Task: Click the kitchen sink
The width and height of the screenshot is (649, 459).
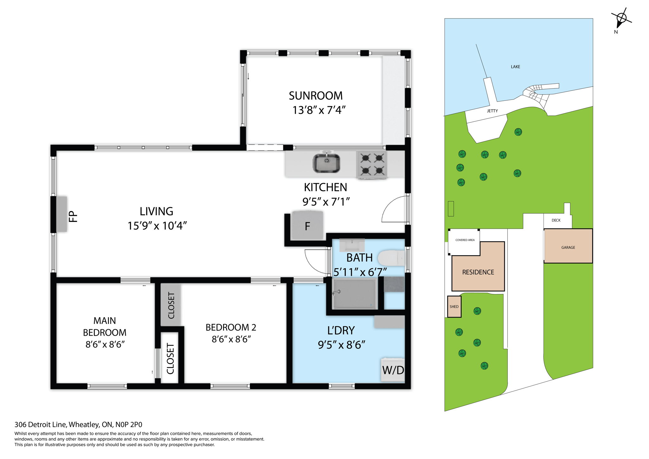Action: click(x=326, y=163)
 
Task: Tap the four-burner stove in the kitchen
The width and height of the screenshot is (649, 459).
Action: click(x=372, y=164)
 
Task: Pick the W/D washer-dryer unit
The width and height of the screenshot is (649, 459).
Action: click(x=393, y=370)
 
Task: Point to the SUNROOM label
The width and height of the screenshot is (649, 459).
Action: click(x=316, y=95)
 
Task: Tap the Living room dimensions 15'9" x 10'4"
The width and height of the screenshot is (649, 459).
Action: click(x=157, y=226)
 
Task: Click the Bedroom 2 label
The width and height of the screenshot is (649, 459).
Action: click(x=231, y=327)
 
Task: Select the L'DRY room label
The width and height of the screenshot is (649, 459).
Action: click(x=341, y=330)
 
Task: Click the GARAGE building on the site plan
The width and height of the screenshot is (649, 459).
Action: click(x=568, y=247)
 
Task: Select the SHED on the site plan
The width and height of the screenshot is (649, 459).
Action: click(x=454, y=307)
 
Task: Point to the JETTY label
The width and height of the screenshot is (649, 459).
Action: click(x=492, y=111)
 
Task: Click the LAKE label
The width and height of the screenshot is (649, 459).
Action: click(x=515, y=67)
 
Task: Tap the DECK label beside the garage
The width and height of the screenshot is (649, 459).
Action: click(x=556, y=220)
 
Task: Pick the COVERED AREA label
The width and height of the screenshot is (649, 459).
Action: click(x=465, y=240)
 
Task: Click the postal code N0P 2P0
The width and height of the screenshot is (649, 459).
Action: click(x=129, y=424)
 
